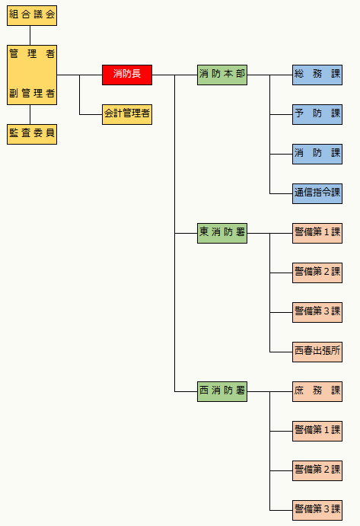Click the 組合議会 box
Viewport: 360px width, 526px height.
[x=32, y=15]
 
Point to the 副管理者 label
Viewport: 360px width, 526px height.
[x=32, y=94]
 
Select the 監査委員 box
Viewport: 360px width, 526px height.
[x=32, y=134]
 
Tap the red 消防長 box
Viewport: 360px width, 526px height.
[x=127, y=75]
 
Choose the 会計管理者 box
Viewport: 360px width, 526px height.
[x=127, y=114]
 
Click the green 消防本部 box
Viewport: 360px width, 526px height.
[x=222, y=75]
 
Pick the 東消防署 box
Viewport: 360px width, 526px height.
[x=222, y=233]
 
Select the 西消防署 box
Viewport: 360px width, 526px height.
[x=222, y=391]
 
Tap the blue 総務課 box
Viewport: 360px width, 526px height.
[x=317, y=75]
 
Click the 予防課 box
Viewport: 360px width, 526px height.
[x=317, y=114]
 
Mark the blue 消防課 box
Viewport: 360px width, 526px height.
[x=317, y=154]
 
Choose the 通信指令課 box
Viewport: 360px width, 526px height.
[x=317, y=193]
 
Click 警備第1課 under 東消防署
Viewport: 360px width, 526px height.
[x=317, y=233]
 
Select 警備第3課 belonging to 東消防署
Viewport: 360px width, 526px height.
[x=317, y=312]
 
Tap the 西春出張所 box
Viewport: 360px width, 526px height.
[x=317, y=352]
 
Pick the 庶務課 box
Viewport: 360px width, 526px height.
[x=317, y=391]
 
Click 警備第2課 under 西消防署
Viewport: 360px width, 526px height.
[x=317, y=470]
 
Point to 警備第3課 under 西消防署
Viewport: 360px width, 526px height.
[x=317, y=510]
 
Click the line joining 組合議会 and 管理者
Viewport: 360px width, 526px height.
[x=30, y=35]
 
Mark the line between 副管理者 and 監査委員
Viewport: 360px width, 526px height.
[x=30, y=114]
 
